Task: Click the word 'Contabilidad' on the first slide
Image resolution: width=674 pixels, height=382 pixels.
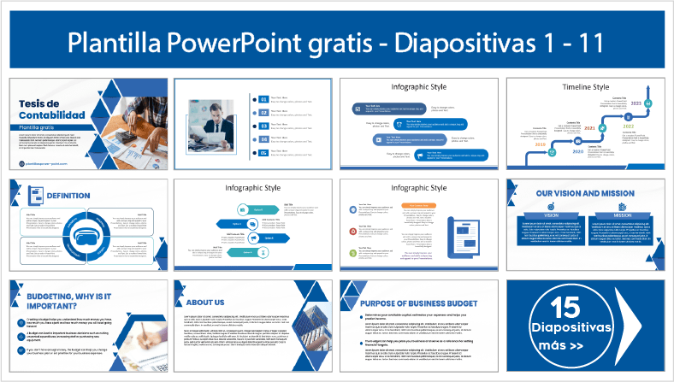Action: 51,115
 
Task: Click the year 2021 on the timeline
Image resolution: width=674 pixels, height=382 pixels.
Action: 588,129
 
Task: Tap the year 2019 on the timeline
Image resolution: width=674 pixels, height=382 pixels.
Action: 540,145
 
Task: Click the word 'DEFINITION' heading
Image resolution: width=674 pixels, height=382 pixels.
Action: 68,196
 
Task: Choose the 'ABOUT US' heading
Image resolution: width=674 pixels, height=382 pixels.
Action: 205,302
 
